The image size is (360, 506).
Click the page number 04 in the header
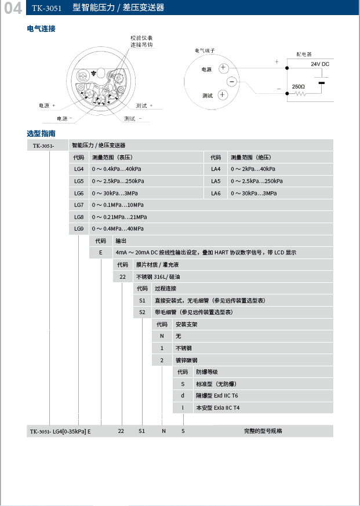click(13, 8)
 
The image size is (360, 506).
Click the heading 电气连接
click(41, 28)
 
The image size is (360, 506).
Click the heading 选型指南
click(41, 133)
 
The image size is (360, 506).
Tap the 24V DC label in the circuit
click(320, 64)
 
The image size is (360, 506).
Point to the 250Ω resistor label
click(299, 86)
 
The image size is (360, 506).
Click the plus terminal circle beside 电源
click(223, 69)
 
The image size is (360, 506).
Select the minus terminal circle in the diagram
click(231, 82)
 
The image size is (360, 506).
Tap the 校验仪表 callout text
click(141, 38)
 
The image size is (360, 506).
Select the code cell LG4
click(79, 169)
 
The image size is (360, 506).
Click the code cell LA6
click(216, 193)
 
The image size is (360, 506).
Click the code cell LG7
click(79, 205)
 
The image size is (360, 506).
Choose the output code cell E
click(101, 253)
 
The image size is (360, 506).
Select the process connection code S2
click(142, 312)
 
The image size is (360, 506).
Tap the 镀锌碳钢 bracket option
click(187, 360)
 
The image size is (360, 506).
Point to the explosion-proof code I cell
click(183, 407)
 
